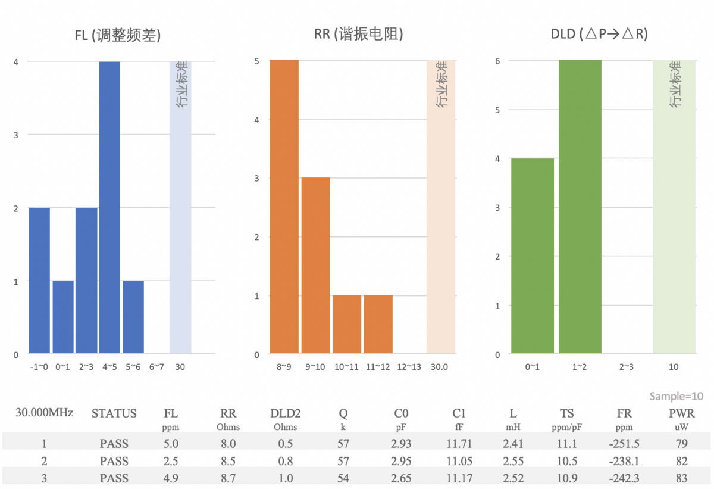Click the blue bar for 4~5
109,207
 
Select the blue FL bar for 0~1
63,317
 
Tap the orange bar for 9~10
315,266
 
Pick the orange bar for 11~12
378,324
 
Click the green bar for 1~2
580,207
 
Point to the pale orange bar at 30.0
441,207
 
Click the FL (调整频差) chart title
118,35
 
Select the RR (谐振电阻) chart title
359,35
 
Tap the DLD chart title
599,35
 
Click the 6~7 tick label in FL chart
156,367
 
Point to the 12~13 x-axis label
409,367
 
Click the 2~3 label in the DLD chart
627,367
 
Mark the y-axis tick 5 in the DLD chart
497,110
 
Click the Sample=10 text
676,397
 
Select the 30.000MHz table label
45,412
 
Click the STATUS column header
114,413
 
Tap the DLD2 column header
285,413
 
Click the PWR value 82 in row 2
681,461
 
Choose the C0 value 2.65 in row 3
402,478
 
